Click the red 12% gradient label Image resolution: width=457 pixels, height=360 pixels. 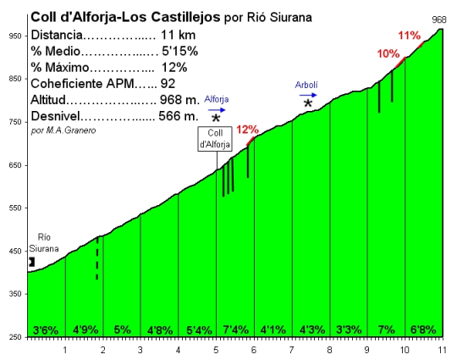[248, 130]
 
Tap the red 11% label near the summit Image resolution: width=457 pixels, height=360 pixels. [409, 36]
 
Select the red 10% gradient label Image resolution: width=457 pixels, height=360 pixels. [388, 53]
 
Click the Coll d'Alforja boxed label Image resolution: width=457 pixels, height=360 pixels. [216, 139]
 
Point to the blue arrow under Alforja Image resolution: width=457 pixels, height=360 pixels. [217, 109]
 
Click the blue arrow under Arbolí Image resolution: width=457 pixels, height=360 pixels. [307, 96]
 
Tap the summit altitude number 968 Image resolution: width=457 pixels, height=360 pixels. [439, 19]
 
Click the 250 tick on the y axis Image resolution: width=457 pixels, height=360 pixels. [15, 337]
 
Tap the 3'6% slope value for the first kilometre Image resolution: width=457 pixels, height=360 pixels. [45, 330]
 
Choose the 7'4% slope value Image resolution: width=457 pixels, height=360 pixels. [234, 330]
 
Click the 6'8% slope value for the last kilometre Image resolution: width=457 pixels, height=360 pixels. [422, 330]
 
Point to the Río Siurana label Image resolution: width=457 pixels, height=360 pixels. [44, 244]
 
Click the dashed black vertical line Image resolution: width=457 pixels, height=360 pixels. [97, 258]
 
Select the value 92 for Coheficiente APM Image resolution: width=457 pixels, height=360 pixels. [168, 84]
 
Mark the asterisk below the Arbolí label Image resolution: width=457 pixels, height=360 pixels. [308, 103]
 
